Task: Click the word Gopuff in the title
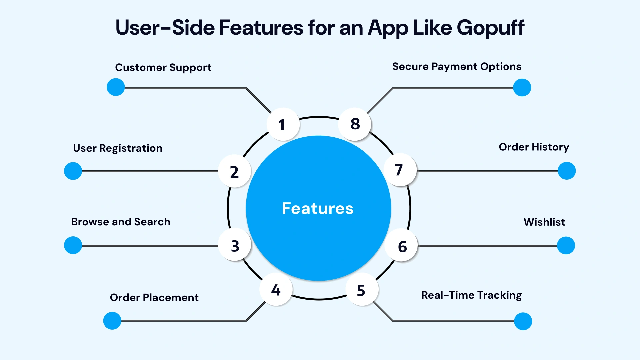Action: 490,28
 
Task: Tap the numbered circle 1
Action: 283,124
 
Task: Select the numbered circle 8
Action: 355,124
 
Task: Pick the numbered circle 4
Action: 276,290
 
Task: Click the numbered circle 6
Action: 402,246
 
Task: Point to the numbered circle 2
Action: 234,171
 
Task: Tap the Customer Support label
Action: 163,68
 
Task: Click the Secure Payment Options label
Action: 456,67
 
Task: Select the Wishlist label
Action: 544,222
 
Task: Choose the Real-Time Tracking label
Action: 471,295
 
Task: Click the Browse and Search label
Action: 121,222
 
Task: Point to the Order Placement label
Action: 154,297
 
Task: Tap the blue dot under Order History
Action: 566,171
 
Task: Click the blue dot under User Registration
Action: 73,171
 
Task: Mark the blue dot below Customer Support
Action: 116,87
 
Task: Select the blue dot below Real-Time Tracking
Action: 523,321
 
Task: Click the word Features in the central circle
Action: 318,209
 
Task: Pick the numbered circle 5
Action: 362,290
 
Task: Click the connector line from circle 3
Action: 150,246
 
